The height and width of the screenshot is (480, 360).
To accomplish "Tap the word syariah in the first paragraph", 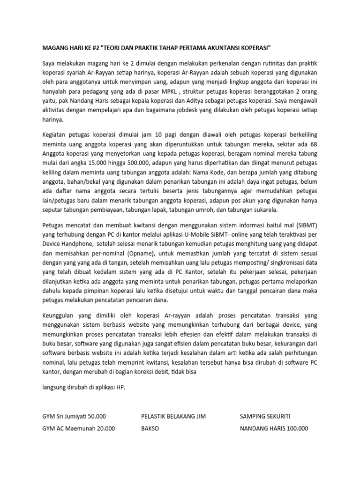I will tap(75, 73).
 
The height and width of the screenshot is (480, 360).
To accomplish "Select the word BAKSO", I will tap(150, 428).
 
